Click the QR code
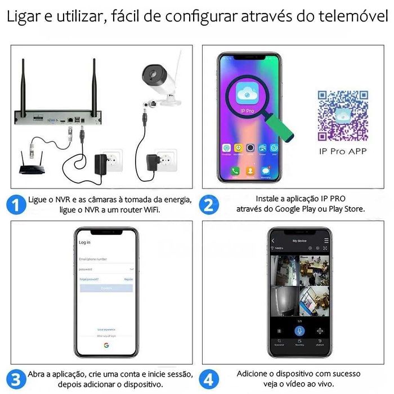coord(342,115)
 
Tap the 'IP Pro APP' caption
coord(342,151)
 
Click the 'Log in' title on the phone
coord(85,242)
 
